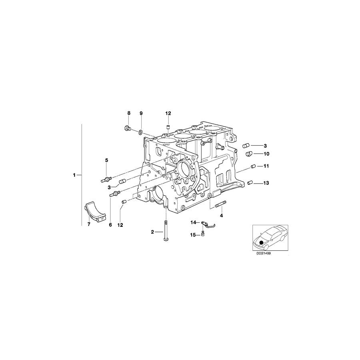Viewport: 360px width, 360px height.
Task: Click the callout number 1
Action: tap(74, 175)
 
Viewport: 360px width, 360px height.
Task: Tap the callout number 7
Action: tap(89, 225)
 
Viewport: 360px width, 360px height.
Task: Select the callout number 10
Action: tap(267, 154)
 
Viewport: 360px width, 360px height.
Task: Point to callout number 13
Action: tap(267, 183)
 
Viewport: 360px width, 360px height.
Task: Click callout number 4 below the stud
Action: tap(222, 216)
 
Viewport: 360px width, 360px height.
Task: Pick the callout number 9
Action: tap(141, 114)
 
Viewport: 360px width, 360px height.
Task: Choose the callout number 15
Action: tap(193, 235)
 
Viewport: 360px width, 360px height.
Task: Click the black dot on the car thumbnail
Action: tap(261, 242)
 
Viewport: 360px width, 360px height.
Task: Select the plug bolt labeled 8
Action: tap(128, 128)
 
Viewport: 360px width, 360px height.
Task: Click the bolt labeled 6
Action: tap(114, 194)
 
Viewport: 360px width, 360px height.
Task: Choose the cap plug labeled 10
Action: tap(248, 154)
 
